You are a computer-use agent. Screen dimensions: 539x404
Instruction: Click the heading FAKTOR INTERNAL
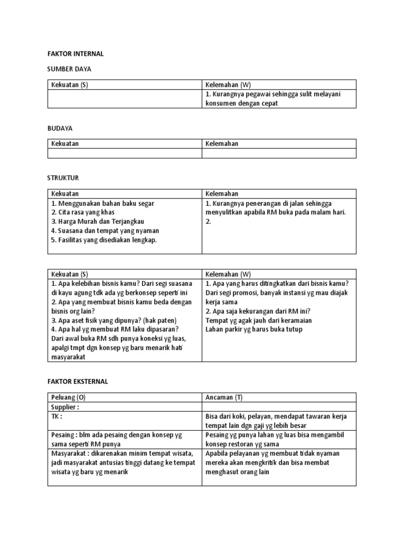[76, 54]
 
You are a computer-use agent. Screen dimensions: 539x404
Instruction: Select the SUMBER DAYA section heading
[69, 69]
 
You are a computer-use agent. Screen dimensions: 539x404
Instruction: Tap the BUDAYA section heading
[60, 128]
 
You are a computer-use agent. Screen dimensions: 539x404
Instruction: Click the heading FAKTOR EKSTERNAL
[78, 382]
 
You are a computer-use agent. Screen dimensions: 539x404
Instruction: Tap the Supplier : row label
[66, 407]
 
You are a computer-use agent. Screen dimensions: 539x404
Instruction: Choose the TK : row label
[57, 416]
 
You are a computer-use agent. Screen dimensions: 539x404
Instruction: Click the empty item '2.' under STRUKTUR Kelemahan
[208, 222]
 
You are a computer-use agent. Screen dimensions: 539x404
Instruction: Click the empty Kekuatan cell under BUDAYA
[125, 153]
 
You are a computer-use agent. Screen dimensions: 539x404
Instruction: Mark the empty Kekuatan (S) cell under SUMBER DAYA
[125, 99]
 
